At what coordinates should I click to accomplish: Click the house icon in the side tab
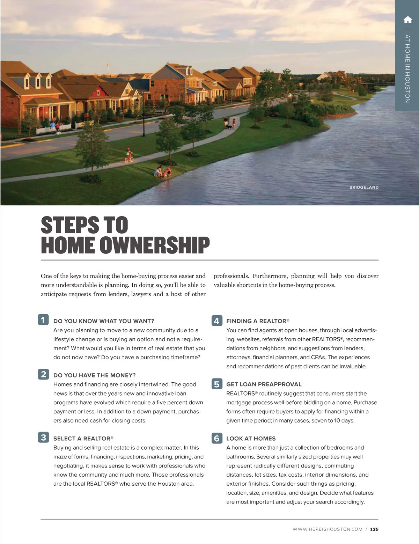(x=407, y=20)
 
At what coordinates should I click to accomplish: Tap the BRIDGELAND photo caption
(x=364, y=188)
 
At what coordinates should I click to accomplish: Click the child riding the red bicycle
(x=129, y=155)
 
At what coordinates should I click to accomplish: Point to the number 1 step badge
(x=43, y=320)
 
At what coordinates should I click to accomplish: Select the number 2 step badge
(x=43, y=374)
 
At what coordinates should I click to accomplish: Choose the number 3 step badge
(x=43, y=438)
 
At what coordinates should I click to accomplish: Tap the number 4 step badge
(x=216, y=321)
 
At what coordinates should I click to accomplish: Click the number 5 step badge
(x=216, y=384)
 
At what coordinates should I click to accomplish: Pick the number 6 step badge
(x=216, y=438)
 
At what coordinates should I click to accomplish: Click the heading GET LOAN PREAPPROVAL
(x=264, y=384)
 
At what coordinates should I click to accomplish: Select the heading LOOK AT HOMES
(x=251, y=439)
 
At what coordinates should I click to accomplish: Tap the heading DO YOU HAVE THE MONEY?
(x=94, y=375)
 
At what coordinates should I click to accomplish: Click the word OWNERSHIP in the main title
(x=155, y=245)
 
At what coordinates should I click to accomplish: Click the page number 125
(x=374, y=529)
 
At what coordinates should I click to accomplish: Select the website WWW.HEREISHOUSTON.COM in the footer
(x=328, y=529)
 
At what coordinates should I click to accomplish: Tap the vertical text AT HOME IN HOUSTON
(x=407, y=68)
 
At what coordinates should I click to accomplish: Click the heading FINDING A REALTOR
(x=257, y=321)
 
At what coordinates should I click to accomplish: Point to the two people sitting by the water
(x=163, y=172)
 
